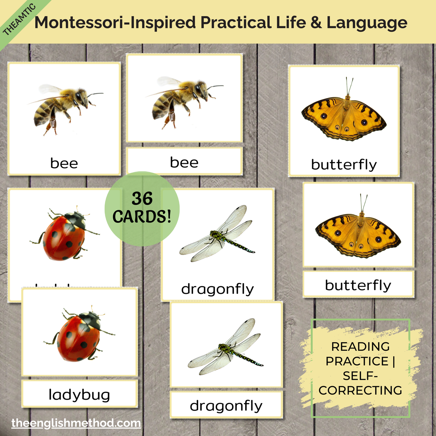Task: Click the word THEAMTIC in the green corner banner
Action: pyautogui.click(x=19, y=20)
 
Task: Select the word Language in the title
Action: pyautogui.click(x=367, y=23)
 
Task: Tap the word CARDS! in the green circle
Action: pyautogui.click(x=142, y=217)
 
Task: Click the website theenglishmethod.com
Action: pyautogui.click(x=76, y=423)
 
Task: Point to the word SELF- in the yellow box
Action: pyautogui.click(x=360, y=376)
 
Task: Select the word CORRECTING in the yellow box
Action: pyautogui.click(x=360, y=390)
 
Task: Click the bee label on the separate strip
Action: pyautogui.click(x=184, y=162)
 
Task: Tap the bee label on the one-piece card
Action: pyautogui.click(x=64, y=163)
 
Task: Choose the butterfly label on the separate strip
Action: pyautogui.click(x=358, y=285)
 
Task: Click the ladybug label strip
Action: pyautogui.click(x=79, y=395)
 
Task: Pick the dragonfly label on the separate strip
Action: pyautogui.click(x=226, y=406)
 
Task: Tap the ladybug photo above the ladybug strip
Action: pyautogui.click(x=79, y=335)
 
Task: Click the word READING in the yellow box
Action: pyautogui.click(x=360, y=347)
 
